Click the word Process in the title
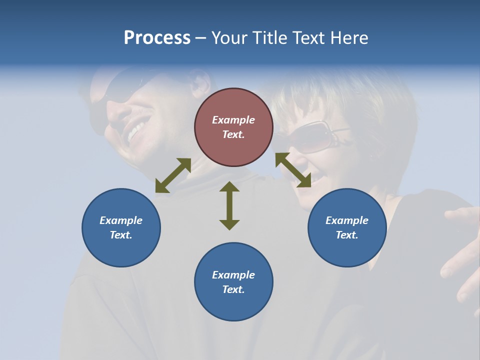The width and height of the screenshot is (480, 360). point(157,37)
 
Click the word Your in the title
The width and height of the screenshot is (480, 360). point(229,37)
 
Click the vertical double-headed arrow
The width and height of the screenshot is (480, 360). point(229,205)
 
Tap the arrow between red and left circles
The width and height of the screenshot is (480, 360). point(173,175)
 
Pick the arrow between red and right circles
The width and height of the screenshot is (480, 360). point(293,170)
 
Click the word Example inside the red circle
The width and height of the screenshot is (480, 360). point(233,120)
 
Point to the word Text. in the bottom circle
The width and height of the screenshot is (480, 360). point(233,289)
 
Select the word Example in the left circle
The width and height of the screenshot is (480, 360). point(121,220)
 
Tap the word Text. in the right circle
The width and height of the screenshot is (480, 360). point(347,235)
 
